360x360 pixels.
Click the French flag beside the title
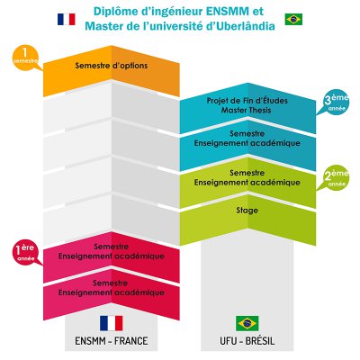[x=67, y=19]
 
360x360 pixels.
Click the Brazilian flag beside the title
[x=293, y=19]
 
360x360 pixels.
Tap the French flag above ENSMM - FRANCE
[x=112, y=323]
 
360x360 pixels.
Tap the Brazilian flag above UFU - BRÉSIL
[x=247, y=323]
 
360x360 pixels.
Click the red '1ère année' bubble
[x=25, y=252]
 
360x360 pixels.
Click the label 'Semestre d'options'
[x=112, y=66]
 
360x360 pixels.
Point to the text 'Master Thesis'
[x=247, y=110]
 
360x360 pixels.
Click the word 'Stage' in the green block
[x=247, y=211]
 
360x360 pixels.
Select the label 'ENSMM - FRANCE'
[x=112, y=341]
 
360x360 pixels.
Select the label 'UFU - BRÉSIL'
[x=247, y=341]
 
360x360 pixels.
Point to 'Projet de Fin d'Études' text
[x=247, y=101]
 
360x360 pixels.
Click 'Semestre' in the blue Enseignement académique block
[x=247, y=133]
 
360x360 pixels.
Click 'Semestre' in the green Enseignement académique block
[x=247, y=173]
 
